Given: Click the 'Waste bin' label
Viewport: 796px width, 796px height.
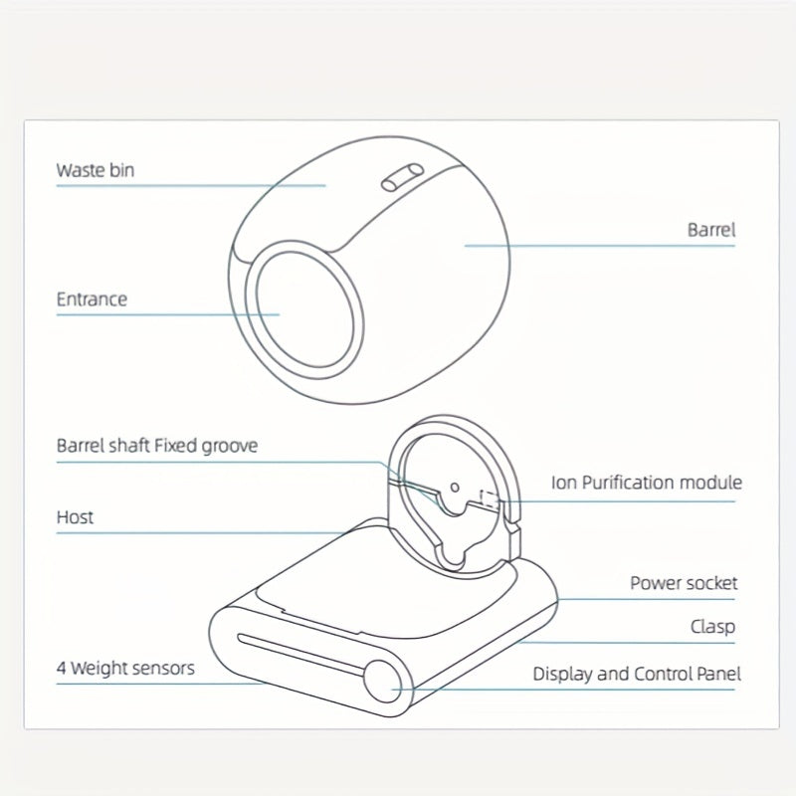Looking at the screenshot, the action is coord(96,170).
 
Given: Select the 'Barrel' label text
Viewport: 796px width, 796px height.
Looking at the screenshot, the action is coord(711,230).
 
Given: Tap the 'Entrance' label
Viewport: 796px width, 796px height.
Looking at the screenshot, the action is coord(92,299).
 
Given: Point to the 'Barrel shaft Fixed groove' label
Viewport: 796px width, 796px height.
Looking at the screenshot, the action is coord(157,446).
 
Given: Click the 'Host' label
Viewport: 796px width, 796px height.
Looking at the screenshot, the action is coord(76,517).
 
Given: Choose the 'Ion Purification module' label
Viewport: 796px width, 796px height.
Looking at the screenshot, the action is coord(647,483).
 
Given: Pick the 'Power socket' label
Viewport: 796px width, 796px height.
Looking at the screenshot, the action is coord(684,583).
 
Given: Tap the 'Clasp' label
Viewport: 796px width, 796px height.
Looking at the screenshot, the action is coord(712,627).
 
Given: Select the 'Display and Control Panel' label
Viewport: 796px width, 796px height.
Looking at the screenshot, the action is coord(637,675).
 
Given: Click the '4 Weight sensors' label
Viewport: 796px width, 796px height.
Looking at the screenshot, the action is coord(125,668).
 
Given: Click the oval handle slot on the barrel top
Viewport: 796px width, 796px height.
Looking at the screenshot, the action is coord(402,177).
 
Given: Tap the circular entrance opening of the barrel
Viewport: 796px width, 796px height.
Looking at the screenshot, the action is coord(304,309).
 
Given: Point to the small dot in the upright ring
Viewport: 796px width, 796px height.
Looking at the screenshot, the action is coord(455,488).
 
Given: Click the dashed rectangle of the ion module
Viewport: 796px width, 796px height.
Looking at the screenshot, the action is coord(490,499).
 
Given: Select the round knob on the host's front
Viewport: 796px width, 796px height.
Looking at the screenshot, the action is coord(383,682).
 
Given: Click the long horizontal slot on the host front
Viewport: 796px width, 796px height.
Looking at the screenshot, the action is coord(301,654).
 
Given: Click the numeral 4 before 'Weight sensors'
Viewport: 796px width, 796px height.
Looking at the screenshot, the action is coord(61,668).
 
